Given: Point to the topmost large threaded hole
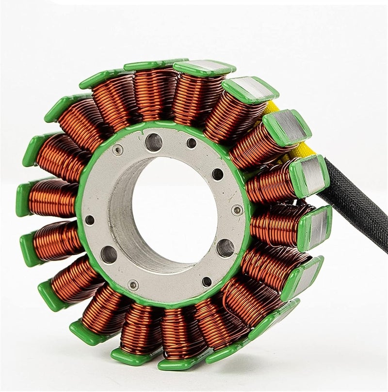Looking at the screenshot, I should click(x=154, y=142).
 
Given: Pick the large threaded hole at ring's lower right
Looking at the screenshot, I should click(x=225, y=248).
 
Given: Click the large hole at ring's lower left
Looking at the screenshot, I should click(x=109, y=254).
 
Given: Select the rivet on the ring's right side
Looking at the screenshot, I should click(x=237, y=210).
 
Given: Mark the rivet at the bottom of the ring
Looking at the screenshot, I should click(x=133, y=285).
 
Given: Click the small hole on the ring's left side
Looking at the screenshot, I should click(x=90, y=220).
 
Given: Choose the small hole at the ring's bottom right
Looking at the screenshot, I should click(x=207, y=282).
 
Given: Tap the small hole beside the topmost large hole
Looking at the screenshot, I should click(x=192, y=143).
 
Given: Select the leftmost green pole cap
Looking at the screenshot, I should click(x=22, y=199).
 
